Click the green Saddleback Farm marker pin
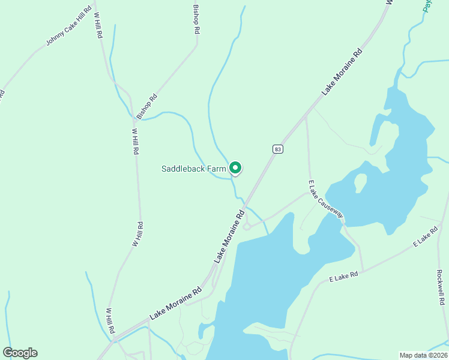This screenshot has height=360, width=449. (236, 168)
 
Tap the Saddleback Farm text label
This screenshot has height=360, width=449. (193, 169)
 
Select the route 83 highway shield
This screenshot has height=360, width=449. (277, 149)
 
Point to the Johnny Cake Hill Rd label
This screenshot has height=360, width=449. (69, 26)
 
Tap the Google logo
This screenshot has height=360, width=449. (20, 353)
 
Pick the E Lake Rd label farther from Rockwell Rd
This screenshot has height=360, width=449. (343, 277)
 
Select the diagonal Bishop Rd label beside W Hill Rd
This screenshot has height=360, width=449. (146, 106)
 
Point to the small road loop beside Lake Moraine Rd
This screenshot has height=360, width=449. (246, 226)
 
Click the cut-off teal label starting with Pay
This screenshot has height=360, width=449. (427, 5)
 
